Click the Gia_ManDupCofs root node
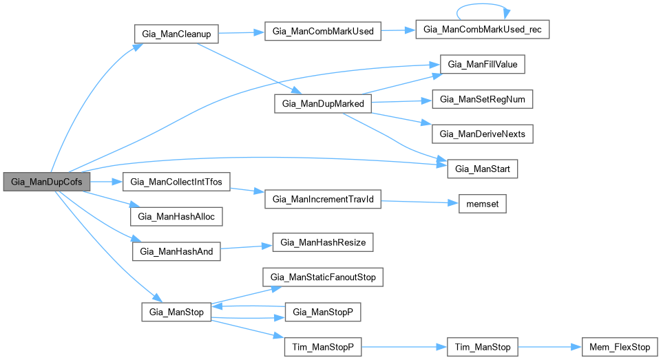(47, 182)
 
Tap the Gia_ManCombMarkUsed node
(322, 32)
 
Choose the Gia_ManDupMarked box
(323, 104)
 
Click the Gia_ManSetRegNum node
(482, 99)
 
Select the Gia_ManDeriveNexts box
(482, 134)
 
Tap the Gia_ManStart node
(483, 168)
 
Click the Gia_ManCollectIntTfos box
(176, 182)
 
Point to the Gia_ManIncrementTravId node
(323, 200)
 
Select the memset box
(483, 204)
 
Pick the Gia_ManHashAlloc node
(176, 216)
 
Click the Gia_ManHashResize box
(324, 243)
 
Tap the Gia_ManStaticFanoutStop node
(323, 277)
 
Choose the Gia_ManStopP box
(323, 313)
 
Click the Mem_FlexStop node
(616, 347)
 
